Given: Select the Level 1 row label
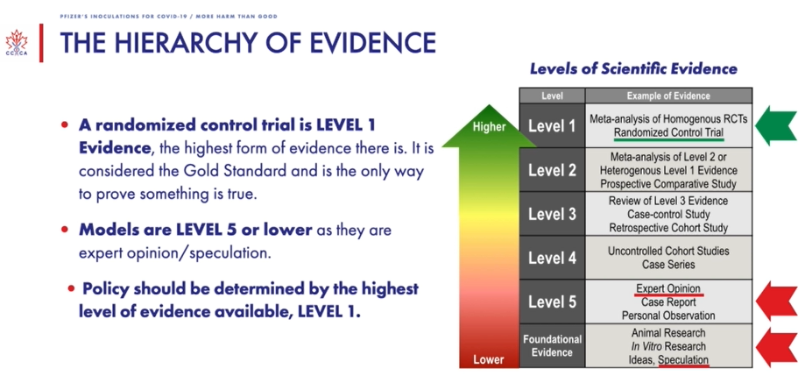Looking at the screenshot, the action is click(552, 126).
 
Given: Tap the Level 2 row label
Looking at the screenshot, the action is click(552, 170).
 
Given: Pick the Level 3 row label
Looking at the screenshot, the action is click(552, 214).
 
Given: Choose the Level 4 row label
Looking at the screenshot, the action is click(552, 258).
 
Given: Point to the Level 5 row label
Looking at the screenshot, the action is click(552, 302).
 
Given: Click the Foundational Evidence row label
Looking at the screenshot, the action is click(553, 345).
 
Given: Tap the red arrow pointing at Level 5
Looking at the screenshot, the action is click(777, 301).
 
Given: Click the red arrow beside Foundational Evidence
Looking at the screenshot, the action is click(777, 348).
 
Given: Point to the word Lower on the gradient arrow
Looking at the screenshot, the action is click(489, 359).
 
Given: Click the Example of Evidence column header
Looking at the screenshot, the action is click(668, 96).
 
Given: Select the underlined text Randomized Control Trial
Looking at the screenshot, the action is click(669, 133).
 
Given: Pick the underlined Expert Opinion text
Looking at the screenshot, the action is click(668, 288).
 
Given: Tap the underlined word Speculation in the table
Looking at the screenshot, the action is click(683, 359).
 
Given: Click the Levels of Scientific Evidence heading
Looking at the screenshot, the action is click(633, 69).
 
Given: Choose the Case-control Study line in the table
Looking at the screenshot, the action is click(668, 214).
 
